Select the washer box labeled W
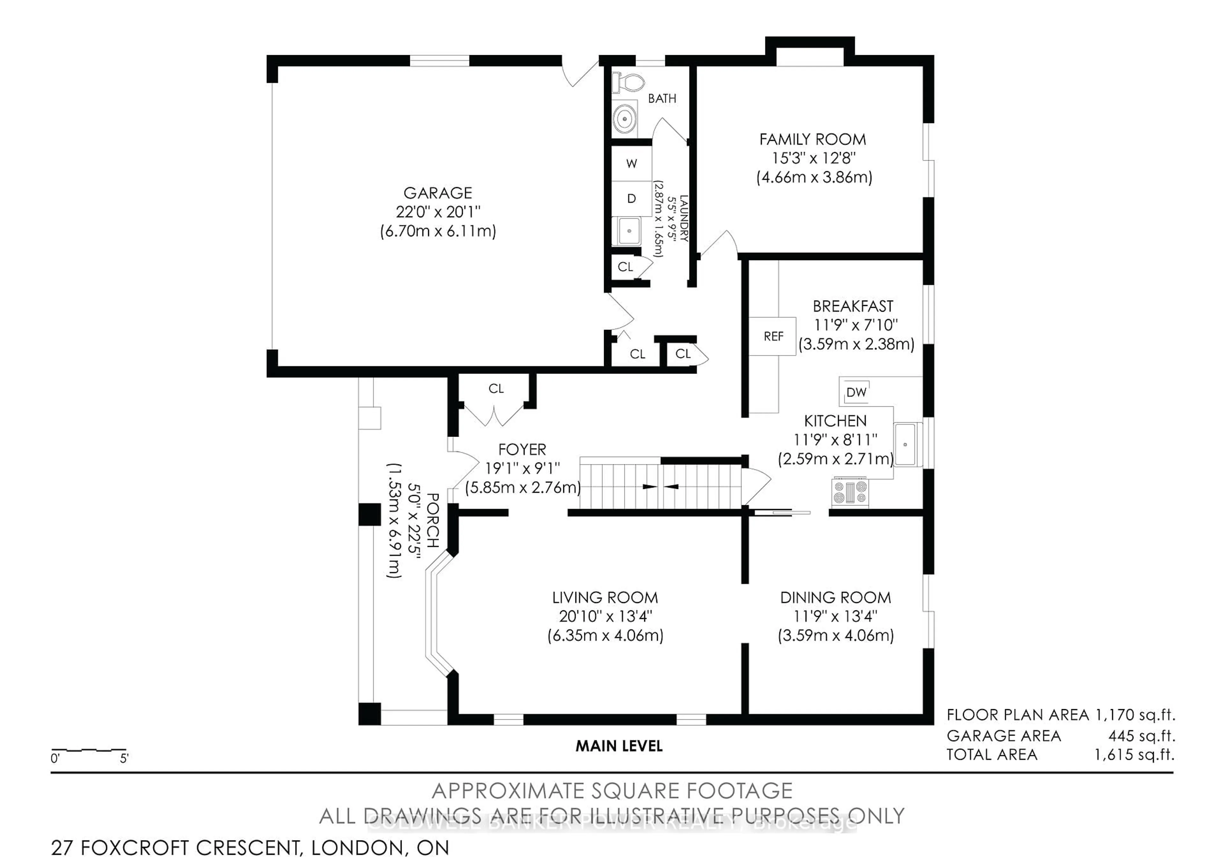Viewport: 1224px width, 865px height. pos(631,164)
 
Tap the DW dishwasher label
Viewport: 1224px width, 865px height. pos(856,393)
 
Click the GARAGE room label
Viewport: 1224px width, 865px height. pos(438,193)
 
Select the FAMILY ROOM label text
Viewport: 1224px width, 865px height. pos(812,140)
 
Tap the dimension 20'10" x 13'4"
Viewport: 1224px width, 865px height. pos(605,616)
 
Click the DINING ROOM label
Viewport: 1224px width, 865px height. pos(835,598)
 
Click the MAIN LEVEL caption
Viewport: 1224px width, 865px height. pos(619,746)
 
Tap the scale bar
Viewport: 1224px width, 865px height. pos(89,750)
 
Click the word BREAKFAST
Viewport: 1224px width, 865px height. pos(853,307)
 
